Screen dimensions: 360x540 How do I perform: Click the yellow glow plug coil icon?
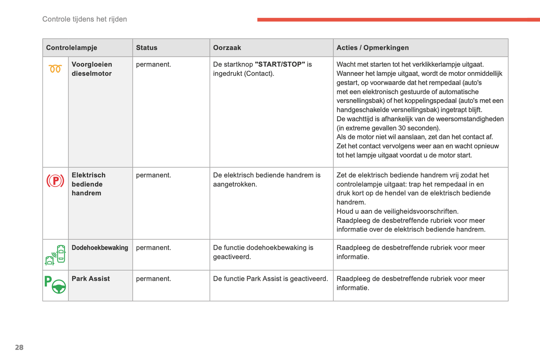(x=55, y=69)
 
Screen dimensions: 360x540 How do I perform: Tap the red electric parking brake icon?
(x=55, y=181)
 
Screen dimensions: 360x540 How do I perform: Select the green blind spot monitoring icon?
(x=55, y=255)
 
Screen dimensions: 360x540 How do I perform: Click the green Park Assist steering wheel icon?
(x=55, y=285)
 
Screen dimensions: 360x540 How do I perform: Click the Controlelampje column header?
(x=71, y=48)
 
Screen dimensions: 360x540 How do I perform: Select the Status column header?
(x=146, y=48)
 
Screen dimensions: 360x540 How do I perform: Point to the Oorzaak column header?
(x=227, y=48)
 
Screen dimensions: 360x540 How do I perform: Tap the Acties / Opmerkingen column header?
(x=372, y=48)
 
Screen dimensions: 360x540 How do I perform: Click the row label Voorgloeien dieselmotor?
(x=92, y=69)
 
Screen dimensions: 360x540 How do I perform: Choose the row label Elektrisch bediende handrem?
(x=89, y=184)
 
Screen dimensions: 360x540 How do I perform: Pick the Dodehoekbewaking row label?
(x=100, y=247)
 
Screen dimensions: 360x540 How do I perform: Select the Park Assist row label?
(x=91, y=279)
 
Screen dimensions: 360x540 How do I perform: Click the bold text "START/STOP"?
(x=280, y=64)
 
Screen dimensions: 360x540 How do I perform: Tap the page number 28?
(x=19, y=347)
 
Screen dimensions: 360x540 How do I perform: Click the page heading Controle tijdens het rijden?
(x=84, y=19)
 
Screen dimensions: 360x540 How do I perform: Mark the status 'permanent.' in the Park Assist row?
(x=153, y=279)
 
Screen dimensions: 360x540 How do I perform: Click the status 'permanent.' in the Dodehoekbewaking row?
(x=153, y=247)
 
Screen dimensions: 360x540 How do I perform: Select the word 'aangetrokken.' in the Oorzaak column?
(x=235, y=184)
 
